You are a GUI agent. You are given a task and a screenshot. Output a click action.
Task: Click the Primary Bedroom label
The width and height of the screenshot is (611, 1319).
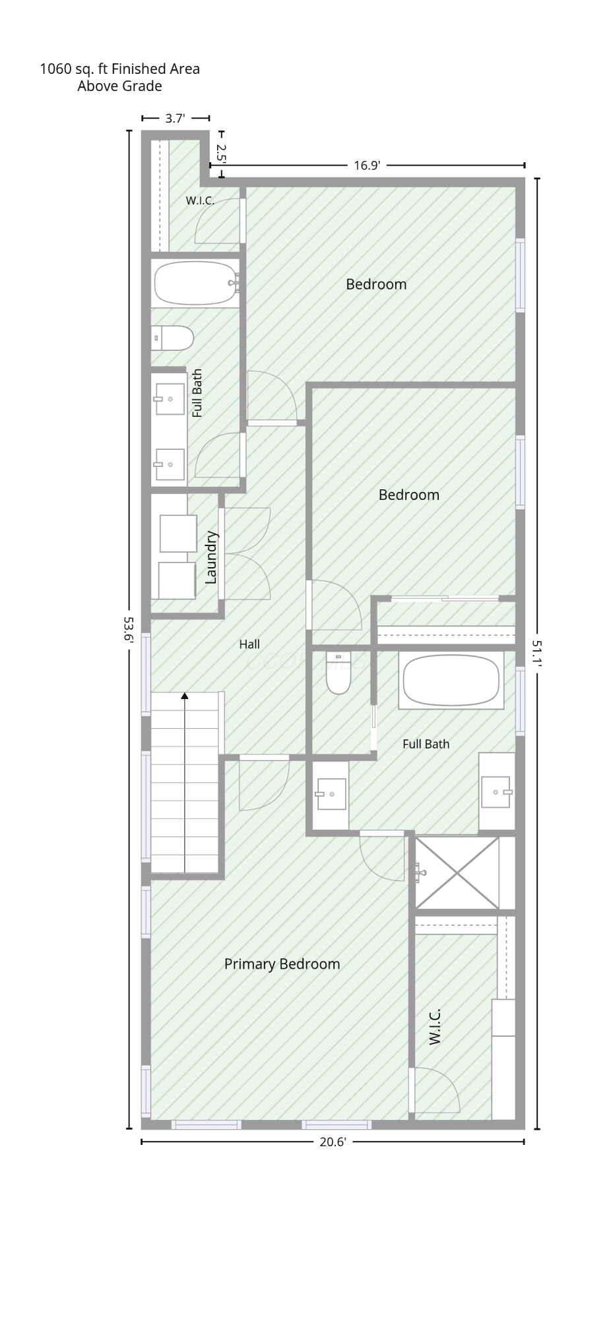[x=282, y=964]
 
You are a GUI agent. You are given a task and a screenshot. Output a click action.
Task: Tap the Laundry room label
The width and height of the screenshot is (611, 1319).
[x=211, y=557]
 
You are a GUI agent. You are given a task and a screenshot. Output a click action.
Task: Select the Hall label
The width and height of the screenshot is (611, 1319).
[x=249, y=644]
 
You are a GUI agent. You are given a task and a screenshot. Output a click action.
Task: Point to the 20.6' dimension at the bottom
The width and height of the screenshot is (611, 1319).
[x=333, y=1142]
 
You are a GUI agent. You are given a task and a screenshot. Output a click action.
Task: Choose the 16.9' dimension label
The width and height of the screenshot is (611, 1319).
[x=367, y=165]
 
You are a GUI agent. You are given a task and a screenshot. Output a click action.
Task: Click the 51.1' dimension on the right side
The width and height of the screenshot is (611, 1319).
[x=536, y=654]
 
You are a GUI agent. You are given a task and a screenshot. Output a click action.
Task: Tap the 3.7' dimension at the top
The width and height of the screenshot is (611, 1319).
[x=176, y=119]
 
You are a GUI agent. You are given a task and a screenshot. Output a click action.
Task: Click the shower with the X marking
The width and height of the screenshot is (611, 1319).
[x=457, y=873]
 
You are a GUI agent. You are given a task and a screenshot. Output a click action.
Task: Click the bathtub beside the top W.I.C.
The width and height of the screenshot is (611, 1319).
[x=196, y=283]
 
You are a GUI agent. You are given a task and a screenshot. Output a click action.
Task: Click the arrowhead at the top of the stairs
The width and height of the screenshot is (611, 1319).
[x=185, y=696]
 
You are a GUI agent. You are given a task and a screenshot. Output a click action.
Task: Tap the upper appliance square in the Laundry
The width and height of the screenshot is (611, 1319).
[x=178, y=534]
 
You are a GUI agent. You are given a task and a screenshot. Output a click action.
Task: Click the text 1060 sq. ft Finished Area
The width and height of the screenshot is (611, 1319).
[x=119, y=69]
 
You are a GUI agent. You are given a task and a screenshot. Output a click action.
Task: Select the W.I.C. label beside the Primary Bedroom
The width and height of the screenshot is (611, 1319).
[x=434, y=1027]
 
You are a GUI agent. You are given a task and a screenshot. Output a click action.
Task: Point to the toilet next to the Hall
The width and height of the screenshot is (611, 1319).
[x=338, y=673]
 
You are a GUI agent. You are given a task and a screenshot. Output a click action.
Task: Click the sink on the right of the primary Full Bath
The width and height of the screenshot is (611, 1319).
[x=497, y=791]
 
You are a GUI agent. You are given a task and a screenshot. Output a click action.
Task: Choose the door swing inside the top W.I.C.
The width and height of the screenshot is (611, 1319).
[x=217, y=221]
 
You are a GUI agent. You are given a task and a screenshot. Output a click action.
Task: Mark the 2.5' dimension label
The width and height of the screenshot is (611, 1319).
[x=221, y=154]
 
